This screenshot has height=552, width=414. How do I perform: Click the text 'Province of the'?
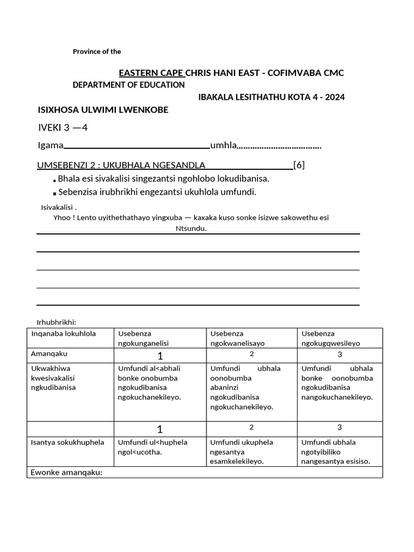coord(97,52)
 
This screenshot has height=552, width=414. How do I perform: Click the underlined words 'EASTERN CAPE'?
coord(151,73)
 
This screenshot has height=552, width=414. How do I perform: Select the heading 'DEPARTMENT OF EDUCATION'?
coord(129,85)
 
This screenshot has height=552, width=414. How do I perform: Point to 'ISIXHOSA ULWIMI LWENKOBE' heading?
coord(103,110)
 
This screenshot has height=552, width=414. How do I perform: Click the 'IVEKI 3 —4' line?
coord(63,128)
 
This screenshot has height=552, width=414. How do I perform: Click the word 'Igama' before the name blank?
coord(51,146)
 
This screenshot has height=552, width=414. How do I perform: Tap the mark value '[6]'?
coord(299,165)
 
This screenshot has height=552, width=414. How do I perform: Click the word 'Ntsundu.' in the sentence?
coord(191,228)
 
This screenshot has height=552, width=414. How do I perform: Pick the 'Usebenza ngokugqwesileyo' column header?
coord(331,338)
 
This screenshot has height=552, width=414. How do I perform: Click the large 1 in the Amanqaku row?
coord(160,356)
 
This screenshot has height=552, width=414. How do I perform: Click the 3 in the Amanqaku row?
coord(340,354)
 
